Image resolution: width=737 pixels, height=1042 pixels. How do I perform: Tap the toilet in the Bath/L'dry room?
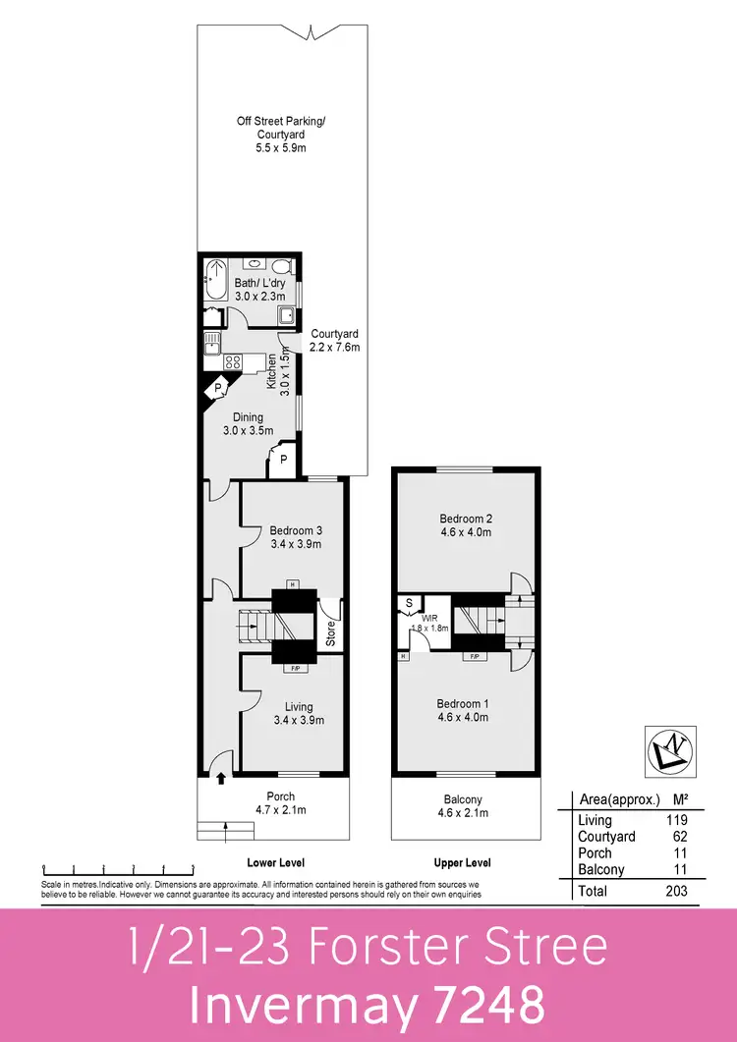point(282,266)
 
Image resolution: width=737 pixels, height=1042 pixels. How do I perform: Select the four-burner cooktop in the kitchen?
point(234,361)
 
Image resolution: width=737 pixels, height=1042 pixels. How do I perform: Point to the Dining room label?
point(248,417)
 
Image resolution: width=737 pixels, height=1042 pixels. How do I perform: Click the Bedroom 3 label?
point(296,530)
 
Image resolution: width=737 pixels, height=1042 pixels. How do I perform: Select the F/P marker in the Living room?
point(294,669)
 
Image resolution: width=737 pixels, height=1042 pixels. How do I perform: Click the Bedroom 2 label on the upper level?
point(465,519)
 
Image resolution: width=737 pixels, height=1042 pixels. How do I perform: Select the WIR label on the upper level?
point(429,616)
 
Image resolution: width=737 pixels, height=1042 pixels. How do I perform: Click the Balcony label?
point(465,799)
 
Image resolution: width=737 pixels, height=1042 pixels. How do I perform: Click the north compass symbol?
point(669,751)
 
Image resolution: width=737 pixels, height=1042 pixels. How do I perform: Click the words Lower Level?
point(275,862)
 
